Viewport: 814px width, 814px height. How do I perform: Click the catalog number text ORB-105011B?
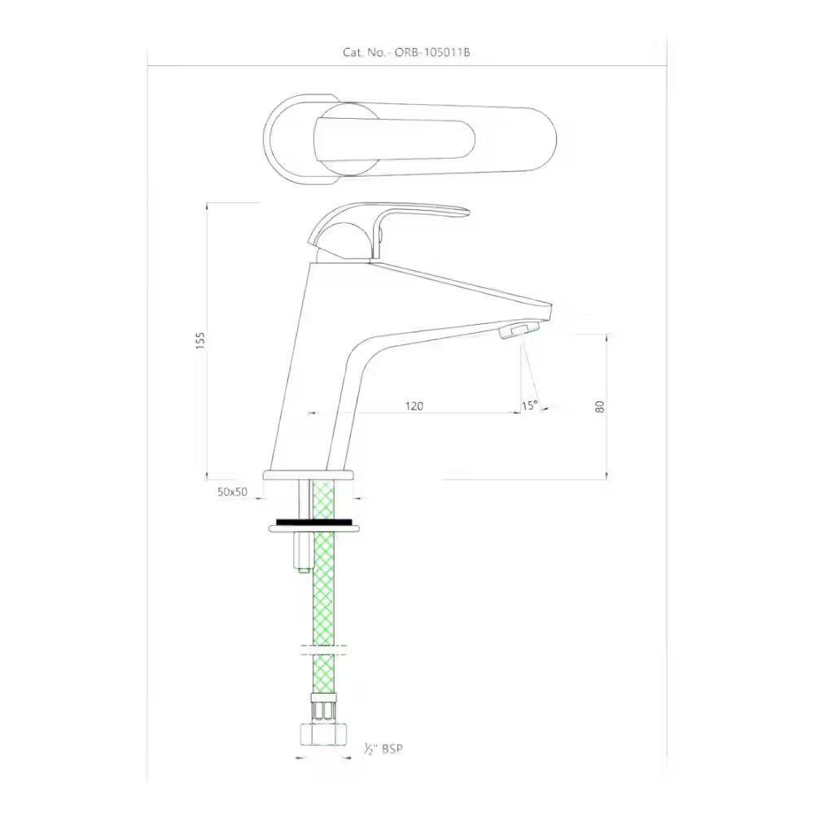[x=432, y=52]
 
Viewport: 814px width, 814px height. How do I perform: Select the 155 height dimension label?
[x=201, y=340]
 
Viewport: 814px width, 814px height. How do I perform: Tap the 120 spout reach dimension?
[x=414, y=405]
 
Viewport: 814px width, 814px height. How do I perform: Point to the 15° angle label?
[x=530, y=405]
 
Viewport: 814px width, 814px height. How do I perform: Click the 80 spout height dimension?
[x=601, y=406]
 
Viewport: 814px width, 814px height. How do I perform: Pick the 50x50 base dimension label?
[x=232, y=492]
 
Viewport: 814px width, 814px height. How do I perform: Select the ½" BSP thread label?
[x=383, y=748]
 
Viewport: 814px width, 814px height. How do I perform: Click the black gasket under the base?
[x=314, y=520]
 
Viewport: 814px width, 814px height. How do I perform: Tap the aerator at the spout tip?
[x=519, y=330]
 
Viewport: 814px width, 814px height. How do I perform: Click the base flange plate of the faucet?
[x=309, y=475]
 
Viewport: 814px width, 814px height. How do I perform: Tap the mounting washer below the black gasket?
[x=314, y=529]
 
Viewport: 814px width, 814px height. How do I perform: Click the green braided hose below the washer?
[x=324, y=594]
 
